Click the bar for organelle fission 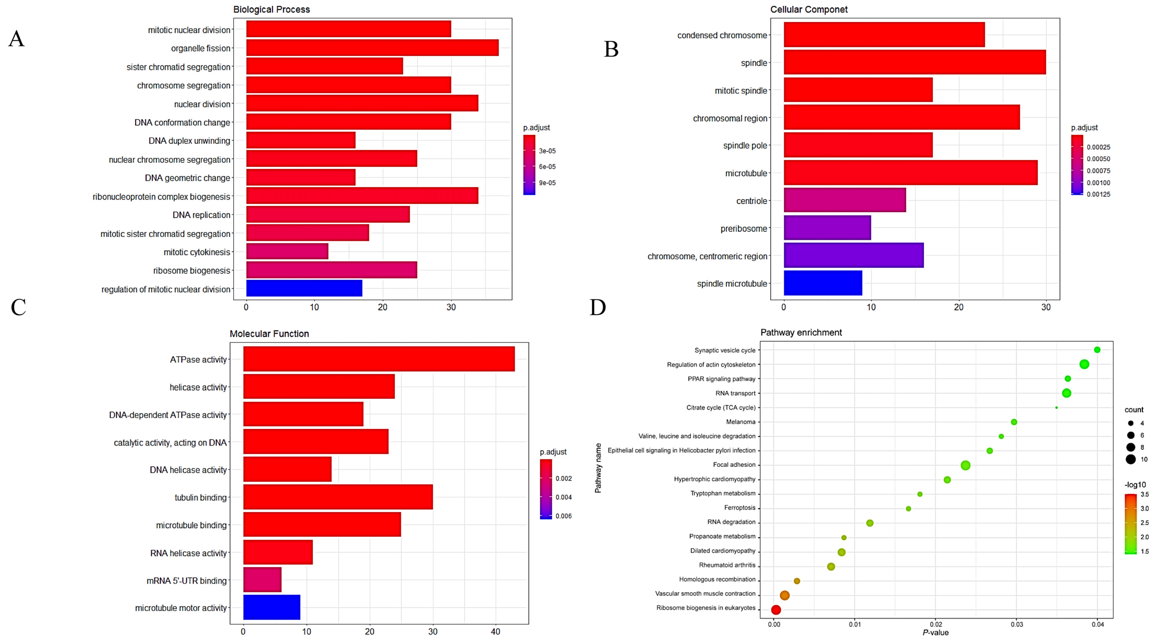pyautogui.click(x=372, y=48)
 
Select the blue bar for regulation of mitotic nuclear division pyautogui.click(x=304, y=288)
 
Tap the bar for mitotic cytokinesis pyautogui.click(x=287, y=251)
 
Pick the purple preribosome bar pyautogui.click(x=827, y=228)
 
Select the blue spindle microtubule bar pyautogui.click(x=823, y=283)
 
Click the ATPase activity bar pyautogui.click(x=379, y=359)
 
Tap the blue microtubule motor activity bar pyautogui.click(x=272, y=607)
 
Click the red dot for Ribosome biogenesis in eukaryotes pyautogui.click(x=776, y=610)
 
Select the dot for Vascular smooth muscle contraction pyautogui.click(x=785, y=595)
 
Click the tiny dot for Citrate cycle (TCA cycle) pyautogui.click(x=1057, y=408)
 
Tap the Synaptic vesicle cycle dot pyautogui.click(x=1097, y=350)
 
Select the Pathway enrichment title pyautogui.click(x=801, y=332)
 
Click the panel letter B pyautogui.click(x=611, y=49)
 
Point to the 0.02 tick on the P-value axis pyautogui.click(x=936, y=624)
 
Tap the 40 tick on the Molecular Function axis pyautogui.click(x=495, y=632)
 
